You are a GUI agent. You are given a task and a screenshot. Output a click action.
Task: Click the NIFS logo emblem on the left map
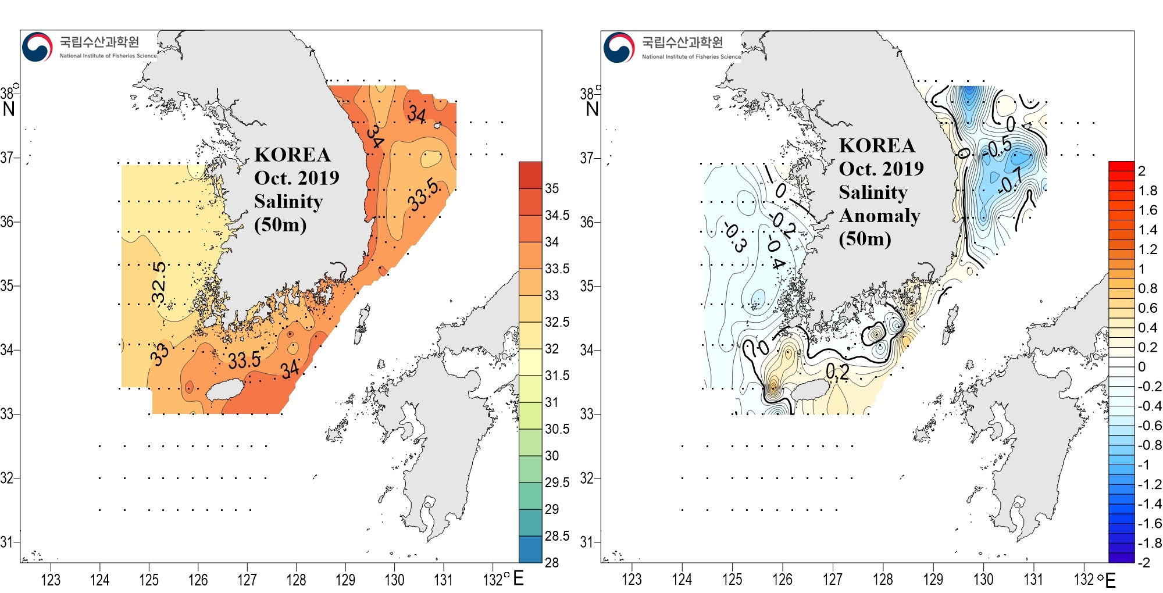click(x=37, y=47)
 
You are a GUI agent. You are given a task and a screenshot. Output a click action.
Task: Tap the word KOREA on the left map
click(x=292, y=155)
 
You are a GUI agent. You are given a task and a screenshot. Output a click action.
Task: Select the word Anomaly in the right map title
click(x=879, y=216)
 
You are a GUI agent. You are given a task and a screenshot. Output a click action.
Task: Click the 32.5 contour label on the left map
click(x=159, y=283)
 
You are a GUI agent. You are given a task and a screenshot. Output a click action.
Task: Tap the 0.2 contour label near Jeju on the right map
click(x=837, y=372)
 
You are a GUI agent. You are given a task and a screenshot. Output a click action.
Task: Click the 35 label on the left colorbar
click(x=552, y=188)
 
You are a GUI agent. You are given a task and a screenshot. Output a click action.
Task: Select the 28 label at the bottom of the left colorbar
click(x=552, y=562)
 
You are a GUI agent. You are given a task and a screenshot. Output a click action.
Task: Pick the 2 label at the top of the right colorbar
click(x=1141, y=171)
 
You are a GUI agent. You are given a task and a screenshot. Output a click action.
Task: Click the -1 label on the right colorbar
click(x=1143, y=465)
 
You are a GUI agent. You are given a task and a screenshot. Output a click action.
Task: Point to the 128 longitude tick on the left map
click(x=296, y=580)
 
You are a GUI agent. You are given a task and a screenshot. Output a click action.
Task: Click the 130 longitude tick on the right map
click(x=983, y=579)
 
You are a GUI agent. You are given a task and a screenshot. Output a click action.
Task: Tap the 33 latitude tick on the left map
click(x=7, y=414)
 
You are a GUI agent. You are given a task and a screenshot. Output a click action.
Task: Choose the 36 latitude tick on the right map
click(x=587, y=222)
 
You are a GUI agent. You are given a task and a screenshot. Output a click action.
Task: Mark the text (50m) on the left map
click(x=280, y=224)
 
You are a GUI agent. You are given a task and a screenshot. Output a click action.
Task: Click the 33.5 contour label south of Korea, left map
click(x=244, y=360)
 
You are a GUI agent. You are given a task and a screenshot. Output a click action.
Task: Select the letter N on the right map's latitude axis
click(x=592, y=109)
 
